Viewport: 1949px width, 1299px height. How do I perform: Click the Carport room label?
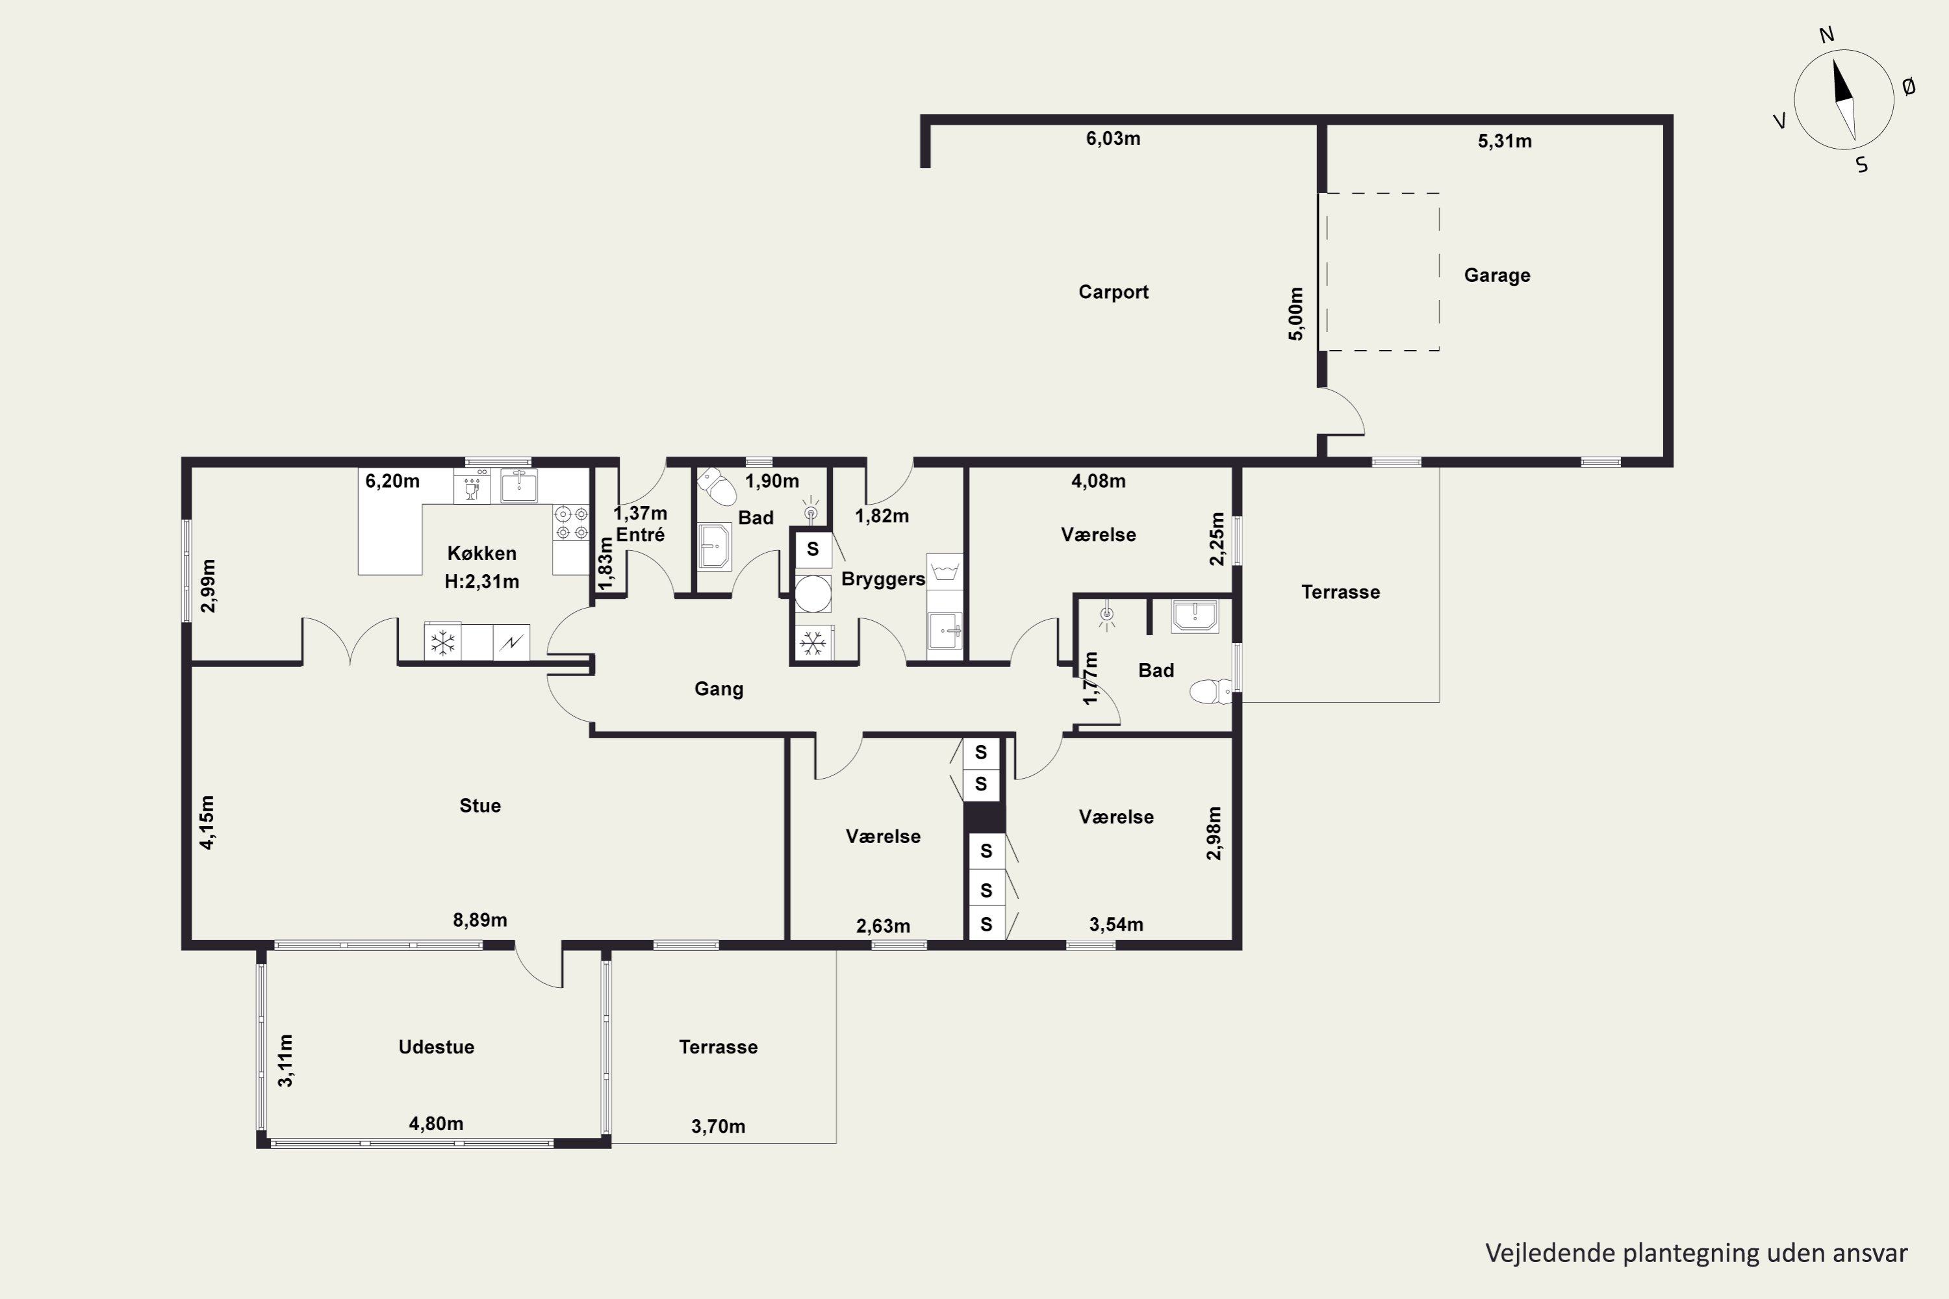[1113, 292]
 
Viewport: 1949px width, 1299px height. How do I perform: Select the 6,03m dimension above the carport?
[1113, 139]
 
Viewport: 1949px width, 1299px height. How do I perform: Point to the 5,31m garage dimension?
[1504, 142]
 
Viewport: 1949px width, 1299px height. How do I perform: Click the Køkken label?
[481, 553]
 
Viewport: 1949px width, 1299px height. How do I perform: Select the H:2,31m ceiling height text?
[481, 581]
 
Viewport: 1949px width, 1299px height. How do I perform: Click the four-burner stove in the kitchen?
[571, 523]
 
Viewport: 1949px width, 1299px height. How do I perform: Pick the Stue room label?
[480, 806]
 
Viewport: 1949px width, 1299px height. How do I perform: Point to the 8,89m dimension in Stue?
[480, 920]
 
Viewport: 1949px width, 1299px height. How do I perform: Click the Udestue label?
[436, 1047]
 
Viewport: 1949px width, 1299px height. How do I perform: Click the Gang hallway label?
[719, 689]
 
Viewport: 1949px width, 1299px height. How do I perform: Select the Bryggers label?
[882, 579]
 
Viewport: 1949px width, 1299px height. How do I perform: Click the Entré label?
[640, 535]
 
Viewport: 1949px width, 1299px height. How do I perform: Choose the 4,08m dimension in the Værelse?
[1098, 481]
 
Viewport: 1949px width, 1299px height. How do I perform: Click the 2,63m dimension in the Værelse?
[882, 926]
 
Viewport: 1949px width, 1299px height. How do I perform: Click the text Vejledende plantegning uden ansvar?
[1696, 1254]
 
